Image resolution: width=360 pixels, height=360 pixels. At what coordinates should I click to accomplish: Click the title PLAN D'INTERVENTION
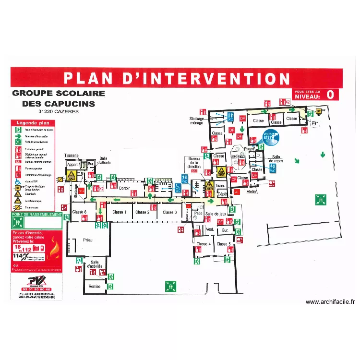[x=177, y=78]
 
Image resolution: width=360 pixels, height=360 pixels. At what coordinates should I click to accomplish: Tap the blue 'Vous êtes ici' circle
[x=268, y=138]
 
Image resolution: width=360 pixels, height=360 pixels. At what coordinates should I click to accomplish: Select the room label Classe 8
[x=79, y=212]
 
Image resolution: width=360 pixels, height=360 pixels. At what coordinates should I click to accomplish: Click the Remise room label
[x=95, y=286]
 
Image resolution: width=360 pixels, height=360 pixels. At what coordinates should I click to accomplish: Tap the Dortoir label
[x=125, y=189]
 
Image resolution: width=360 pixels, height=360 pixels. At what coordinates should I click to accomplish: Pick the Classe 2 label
[x=142, y=212]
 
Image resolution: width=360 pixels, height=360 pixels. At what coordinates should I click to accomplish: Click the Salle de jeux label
[x=215, y=214]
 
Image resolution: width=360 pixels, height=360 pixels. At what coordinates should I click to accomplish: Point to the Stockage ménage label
[x=196, y=120]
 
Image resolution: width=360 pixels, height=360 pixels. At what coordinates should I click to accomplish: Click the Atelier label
[x=251, y=192]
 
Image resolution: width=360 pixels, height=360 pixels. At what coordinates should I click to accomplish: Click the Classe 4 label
[x=203, y=244]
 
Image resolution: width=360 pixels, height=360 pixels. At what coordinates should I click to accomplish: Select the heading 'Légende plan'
[x=30, y=123]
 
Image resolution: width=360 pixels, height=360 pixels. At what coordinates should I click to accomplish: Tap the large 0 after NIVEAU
[x=330, y=95]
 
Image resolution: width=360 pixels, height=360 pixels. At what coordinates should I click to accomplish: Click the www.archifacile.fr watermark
[x=330, y=302]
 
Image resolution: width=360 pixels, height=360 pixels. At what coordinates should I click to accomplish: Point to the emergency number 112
[x=27, y=249]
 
